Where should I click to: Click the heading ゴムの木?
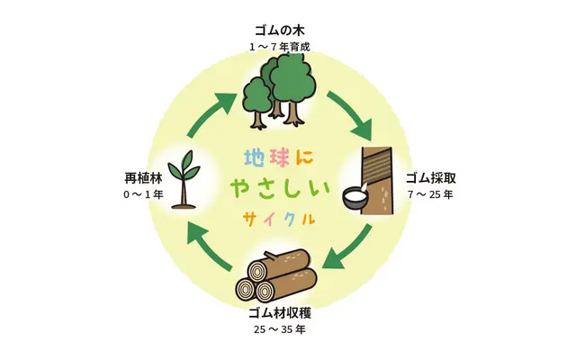pyautogui.click(x=280, y=30)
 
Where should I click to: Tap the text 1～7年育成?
pyautogui.click(x=280, y=48)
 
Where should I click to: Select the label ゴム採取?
pyautogui.click(x=430, y=178)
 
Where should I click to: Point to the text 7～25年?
pyautogui.click(x=430, y=194)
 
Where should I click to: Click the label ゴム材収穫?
pyautogui.click(x=280, y=313)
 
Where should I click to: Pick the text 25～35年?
pyautogui.click(x=280, y=329)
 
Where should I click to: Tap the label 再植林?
pyautogui.click(x=143, y=178)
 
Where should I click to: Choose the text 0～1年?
pyautogui.click(x=143, y=194)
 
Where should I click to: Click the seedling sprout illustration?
pyautogui.click(x=184, y=180)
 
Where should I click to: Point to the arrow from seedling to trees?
pyautogui.click(x=211, y=114)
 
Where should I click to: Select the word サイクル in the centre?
pyautogui.click(x=279, y=219)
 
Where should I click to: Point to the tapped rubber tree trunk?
pyautogui.click(x=377, y=180)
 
